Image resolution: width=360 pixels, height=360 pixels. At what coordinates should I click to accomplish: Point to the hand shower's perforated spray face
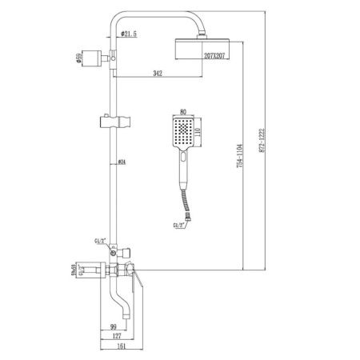(x=182, y=131)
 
